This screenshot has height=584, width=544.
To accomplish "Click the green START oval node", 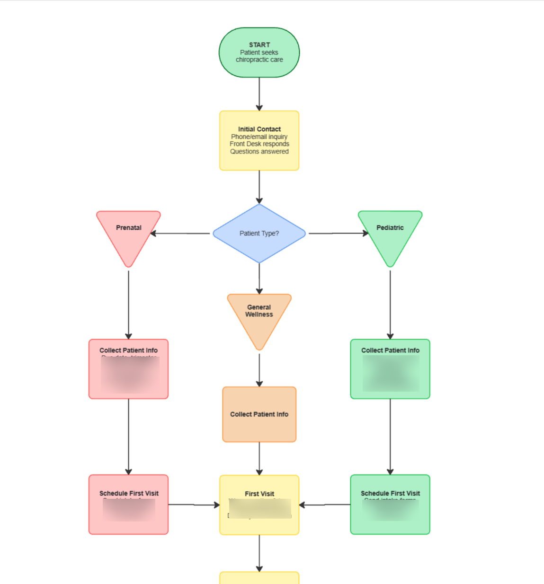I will pos(259,52).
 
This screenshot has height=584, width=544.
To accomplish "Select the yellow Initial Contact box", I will pos(259,140).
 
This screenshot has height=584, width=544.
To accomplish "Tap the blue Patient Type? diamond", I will pos(259,233).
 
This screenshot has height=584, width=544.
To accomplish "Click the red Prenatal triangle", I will pos(128,234).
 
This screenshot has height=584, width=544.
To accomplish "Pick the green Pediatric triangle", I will pos(390,234).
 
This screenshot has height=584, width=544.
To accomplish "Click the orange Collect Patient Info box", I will pos(259,414).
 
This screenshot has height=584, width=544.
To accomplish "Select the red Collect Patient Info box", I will pos(128,369).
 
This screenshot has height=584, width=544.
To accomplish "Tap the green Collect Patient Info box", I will pos(390,369).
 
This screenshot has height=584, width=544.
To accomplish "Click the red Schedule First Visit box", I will pos(128,504).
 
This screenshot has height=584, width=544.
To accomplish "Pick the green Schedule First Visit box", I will pos(390,504).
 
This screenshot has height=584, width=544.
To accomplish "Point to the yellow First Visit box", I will pos(259,505).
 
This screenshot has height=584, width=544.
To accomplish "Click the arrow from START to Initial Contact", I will pos(259,94).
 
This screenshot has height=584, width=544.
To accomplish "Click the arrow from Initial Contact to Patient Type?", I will pos(259,187).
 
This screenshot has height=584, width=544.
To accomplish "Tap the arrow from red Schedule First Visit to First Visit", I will pos(194,505).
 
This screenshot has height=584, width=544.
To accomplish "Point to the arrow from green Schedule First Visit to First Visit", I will pos(325,505).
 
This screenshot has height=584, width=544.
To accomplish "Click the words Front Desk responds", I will pos(259,144).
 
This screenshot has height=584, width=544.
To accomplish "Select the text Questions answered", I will pos(259,152).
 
